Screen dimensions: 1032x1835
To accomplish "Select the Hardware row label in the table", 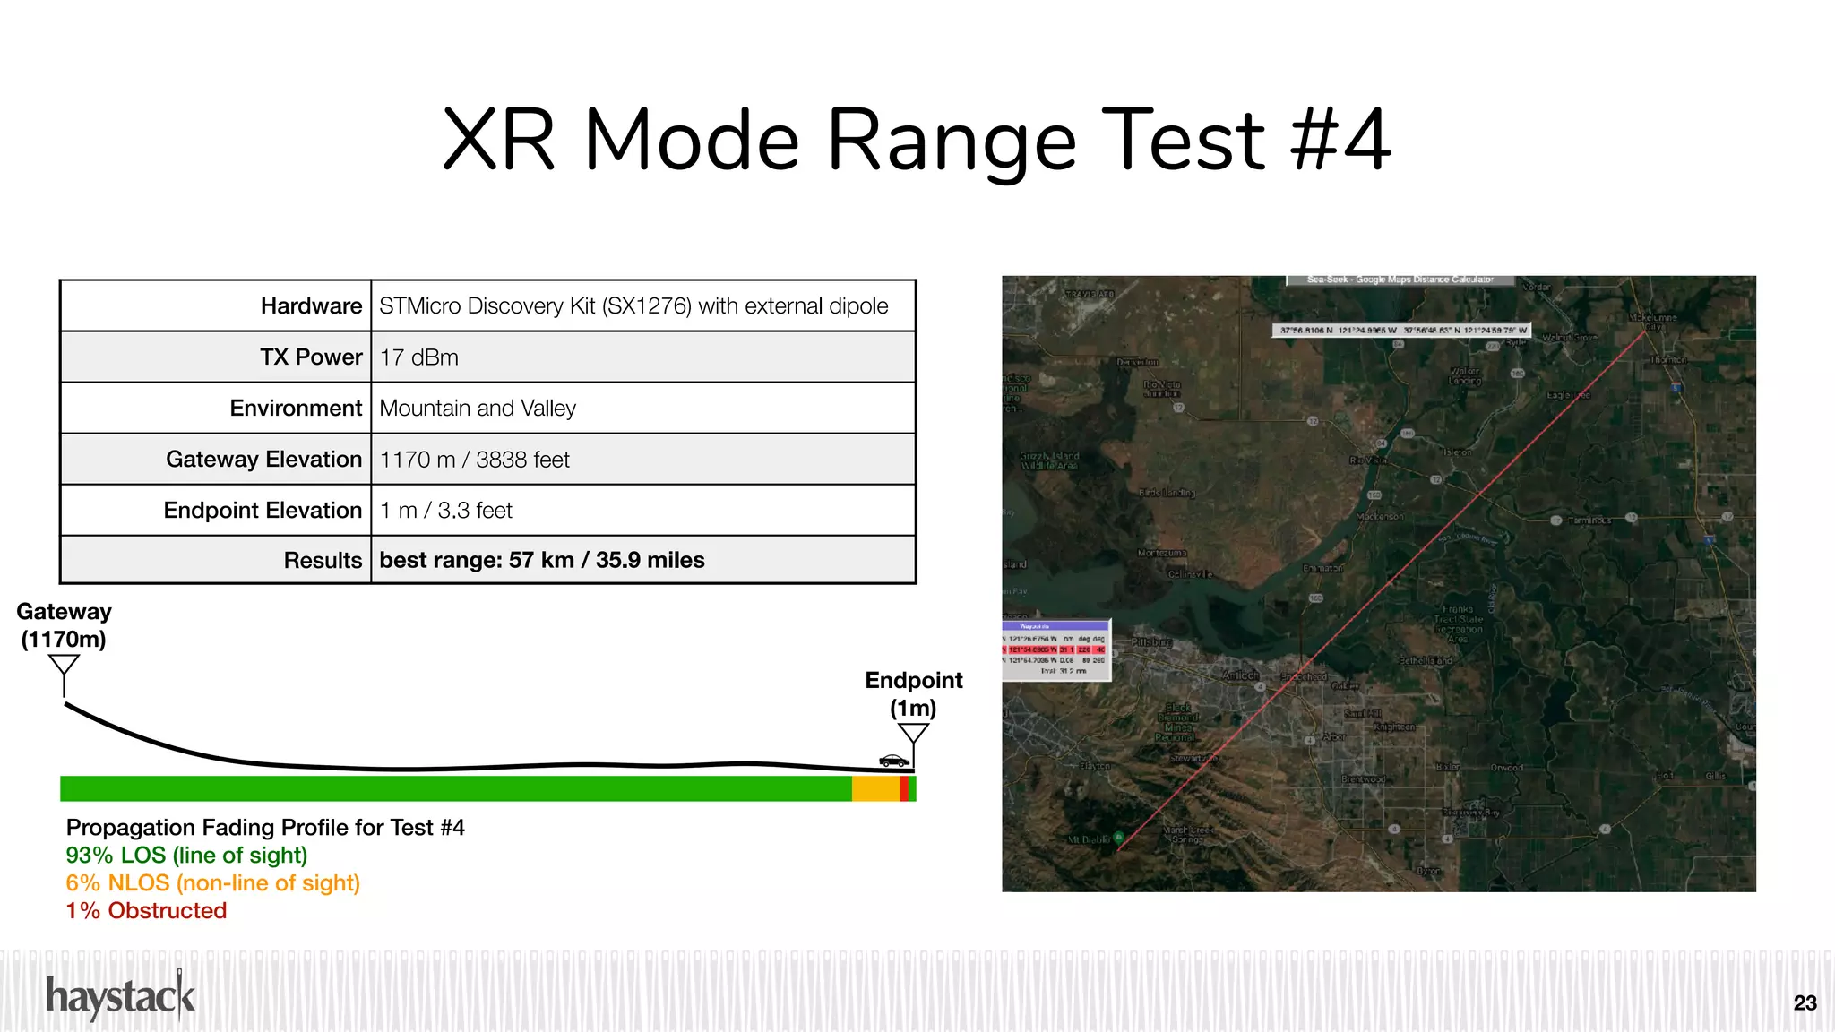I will point(311,306).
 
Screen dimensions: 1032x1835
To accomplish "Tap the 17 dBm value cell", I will point(419,357).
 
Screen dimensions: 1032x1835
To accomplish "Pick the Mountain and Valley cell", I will point(478,408).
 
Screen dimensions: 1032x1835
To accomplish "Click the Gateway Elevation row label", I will point(263,460).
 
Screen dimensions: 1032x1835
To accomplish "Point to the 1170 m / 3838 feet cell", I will point(475,460).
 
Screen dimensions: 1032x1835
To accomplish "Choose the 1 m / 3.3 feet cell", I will point(446,511).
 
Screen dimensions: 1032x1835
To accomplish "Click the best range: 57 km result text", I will point(542,561).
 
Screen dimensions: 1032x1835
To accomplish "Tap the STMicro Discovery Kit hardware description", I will point(633,306).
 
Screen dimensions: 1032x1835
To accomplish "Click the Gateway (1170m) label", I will point(64,625).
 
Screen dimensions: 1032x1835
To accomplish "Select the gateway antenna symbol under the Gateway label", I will point(64,672).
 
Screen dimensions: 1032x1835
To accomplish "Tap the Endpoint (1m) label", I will point(913,694).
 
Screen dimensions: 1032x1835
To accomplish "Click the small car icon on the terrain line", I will point(893,761).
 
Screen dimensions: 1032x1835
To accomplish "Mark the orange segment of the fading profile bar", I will point(875,789).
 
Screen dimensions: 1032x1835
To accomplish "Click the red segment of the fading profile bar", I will point(904,789).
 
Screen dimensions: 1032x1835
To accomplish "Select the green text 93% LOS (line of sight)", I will point(186,856).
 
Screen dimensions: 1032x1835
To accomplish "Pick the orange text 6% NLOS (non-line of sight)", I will point(212,883).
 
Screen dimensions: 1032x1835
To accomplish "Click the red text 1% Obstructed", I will point(146,911).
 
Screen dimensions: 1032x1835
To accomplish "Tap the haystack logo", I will point(120,996).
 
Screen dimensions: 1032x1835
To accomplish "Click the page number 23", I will point(1805,1003).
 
